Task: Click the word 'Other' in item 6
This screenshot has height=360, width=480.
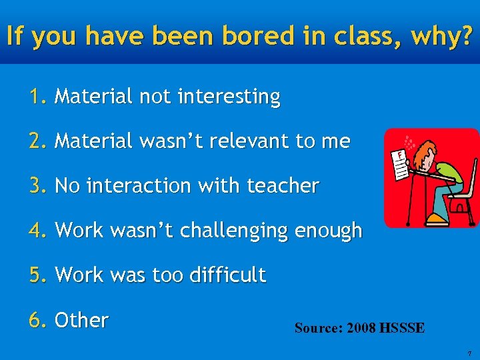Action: pyautogui.click(x=81, y=320)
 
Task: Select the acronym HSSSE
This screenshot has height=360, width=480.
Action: pyautogui.click(x=401, y=328)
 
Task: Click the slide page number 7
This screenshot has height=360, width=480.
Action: pyautogui.click(x=469, y=353)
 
